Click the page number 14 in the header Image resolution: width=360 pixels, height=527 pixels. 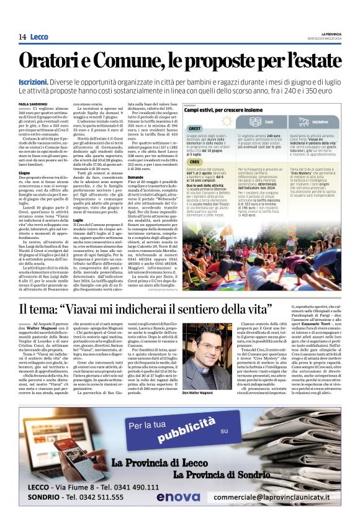[x=22, y=37]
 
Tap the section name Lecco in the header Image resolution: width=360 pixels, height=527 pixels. [x=39, y=37]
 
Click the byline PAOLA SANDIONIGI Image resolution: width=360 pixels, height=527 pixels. [x=34, y=104]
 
